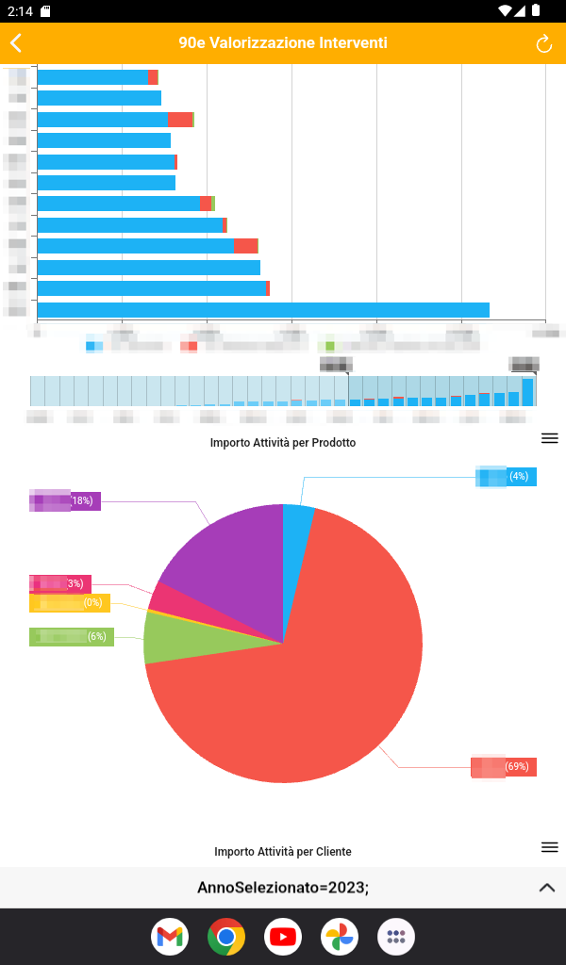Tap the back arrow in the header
[16, 43]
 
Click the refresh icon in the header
[543, 43]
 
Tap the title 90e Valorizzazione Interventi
[283, 43]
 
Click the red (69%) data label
[504, 766]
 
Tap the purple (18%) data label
[65, 500]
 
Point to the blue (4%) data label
[506, 477]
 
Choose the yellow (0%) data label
[70, 602]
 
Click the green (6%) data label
[72, 636]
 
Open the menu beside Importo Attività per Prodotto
[550, 438]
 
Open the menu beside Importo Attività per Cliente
[550, 847]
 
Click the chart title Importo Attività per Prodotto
[283, 442]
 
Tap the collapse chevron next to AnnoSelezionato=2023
[546, 888]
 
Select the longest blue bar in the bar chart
[262, 310]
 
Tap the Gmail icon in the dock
[170, 937]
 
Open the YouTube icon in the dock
[283, 937]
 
